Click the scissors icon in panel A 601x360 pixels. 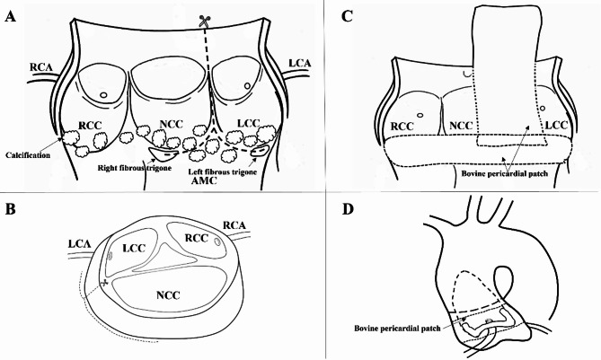[x=208, y=17]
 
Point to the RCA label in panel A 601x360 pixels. [x=40, y=66]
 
